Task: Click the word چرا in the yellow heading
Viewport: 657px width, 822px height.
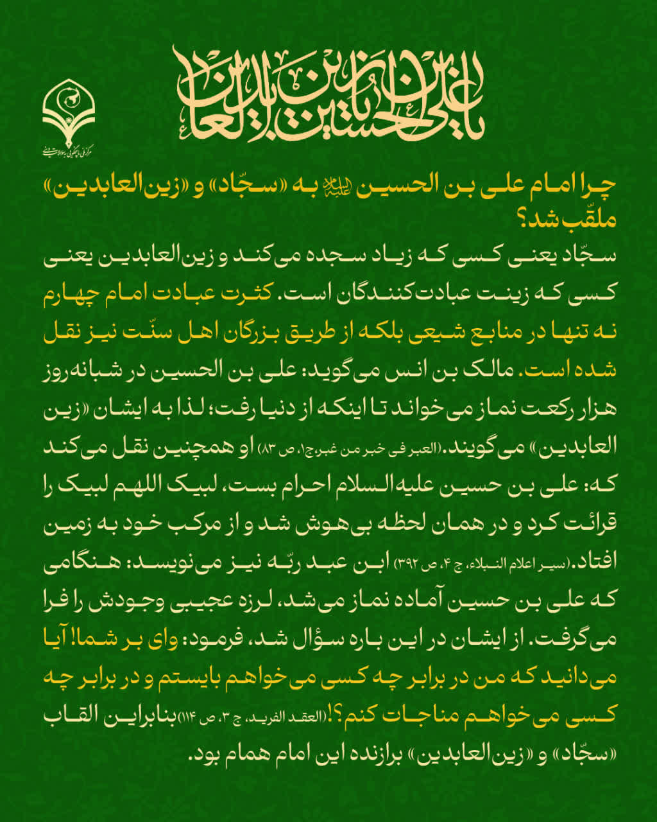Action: tap(601, 186)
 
